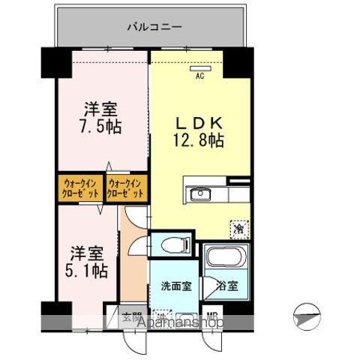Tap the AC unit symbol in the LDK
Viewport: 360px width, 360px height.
pyautogui.click(x=200, y=68)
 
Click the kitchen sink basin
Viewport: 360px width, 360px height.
pyautogui.click(x=200, y=195)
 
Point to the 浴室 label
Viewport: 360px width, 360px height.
pyautogui.click(x=227, y=286)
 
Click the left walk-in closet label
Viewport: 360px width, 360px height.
pyautogui.click(x=79, y=187)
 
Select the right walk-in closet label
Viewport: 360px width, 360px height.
pyautogui.click(x=127, y=187)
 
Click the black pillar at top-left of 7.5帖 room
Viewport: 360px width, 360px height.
pyautogui.click(x=55, y=61)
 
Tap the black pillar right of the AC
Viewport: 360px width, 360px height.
pyautogui.click(x=237, y=64)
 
